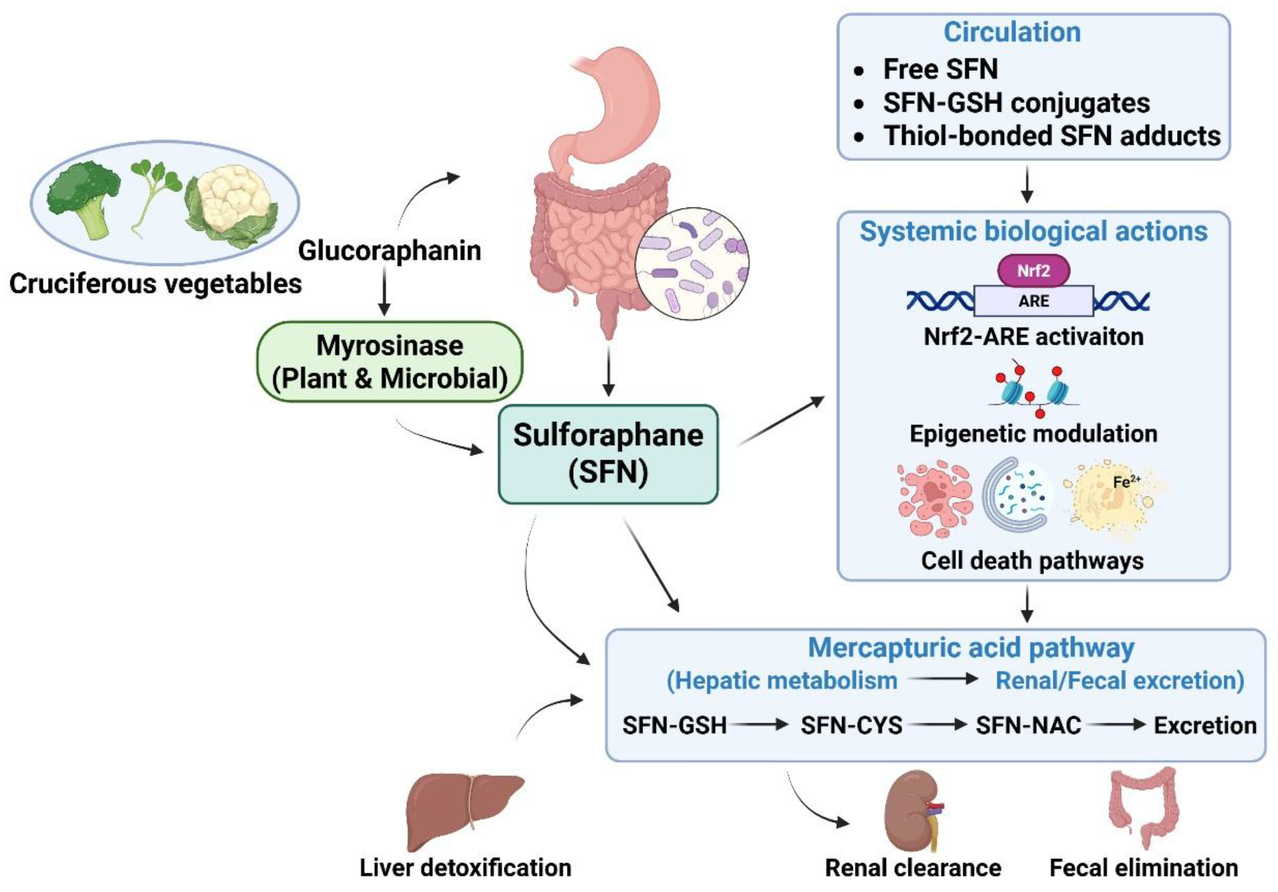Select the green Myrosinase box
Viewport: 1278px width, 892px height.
[390, 362]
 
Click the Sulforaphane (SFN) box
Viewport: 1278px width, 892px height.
[608, 454]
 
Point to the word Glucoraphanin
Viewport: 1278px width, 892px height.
[390, 250]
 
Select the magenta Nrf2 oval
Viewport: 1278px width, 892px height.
[1033, 271]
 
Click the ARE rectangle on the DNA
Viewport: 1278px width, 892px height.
[1033, 301]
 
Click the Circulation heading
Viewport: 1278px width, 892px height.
[1012, 32]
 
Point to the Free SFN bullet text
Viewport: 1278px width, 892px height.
[941, 70]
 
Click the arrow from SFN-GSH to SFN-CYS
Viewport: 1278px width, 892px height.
[760, 724]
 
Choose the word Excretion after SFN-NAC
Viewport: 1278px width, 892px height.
[1205, 725]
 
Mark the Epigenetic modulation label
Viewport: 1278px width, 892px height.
[1033, 433]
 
